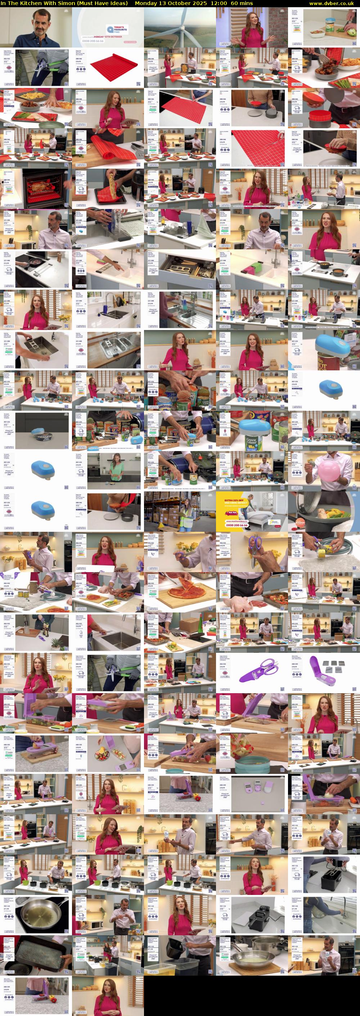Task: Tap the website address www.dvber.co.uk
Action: pyautogui.click(x=334, y=3)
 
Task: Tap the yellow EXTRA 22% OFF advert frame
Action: pyautogui.click(x=252, y=512)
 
